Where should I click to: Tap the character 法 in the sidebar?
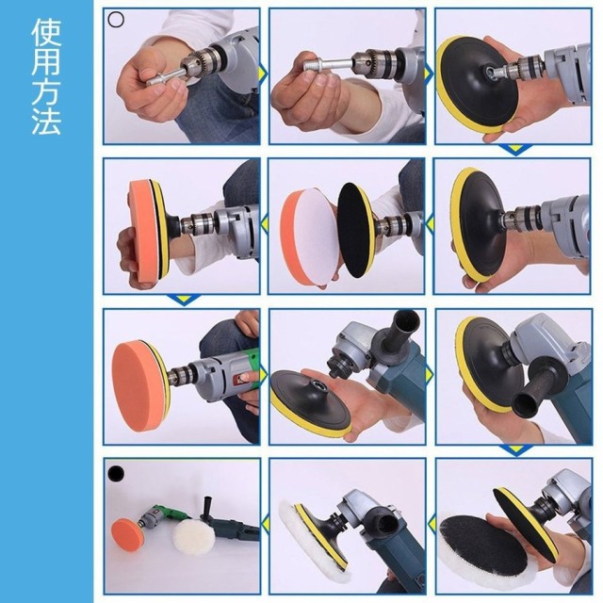point(46,122)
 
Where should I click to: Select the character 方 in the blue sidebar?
point(46,93)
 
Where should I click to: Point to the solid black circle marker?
point(116,471)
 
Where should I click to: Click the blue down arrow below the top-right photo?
point(513,149)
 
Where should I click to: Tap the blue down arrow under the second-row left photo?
point(182,300)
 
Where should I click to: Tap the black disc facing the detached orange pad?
point(356,229)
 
